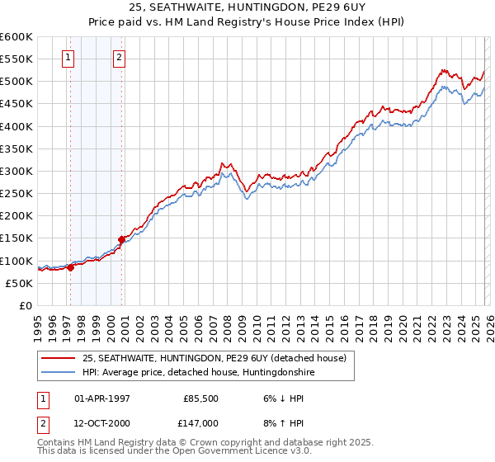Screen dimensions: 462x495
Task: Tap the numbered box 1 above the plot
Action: click(67, 57)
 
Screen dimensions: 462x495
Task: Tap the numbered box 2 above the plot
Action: click(119, 57)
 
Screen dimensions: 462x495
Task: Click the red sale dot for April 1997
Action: click(71, 266)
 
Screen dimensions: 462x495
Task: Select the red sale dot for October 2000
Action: click(122, 239)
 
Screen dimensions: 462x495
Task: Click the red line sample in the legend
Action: click(59, 358)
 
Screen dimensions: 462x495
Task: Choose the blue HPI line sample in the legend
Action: click(59, 372)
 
